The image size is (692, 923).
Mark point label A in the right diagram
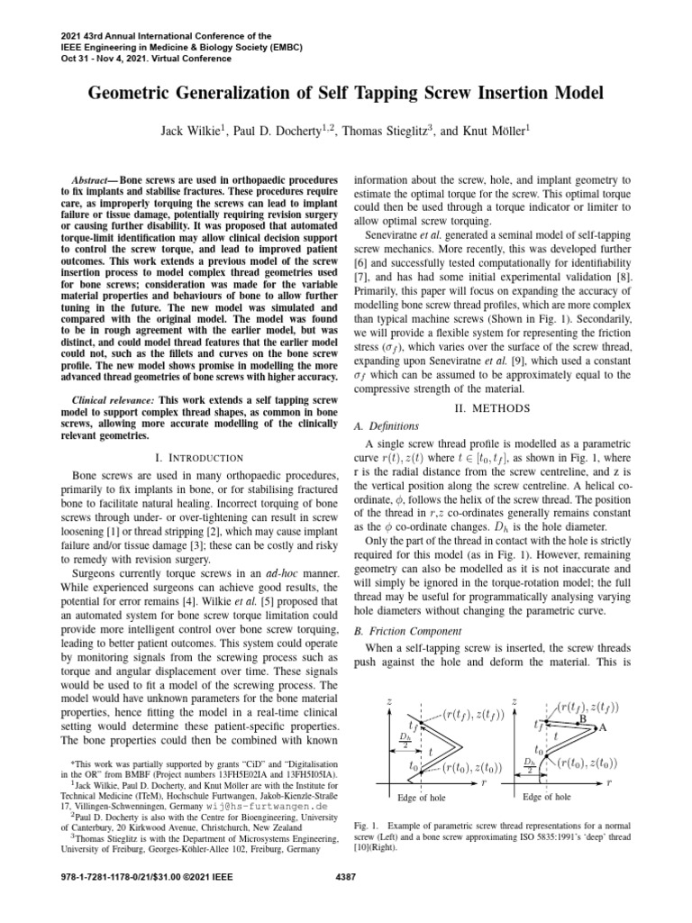point(603,727)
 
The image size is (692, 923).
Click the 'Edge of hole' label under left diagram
point(421,798)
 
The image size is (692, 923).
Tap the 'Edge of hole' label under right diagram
point(547,797)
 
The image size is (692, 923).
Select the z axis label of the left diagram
point(388,700)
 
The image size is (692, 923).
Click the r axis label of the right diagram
point(634,782)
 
